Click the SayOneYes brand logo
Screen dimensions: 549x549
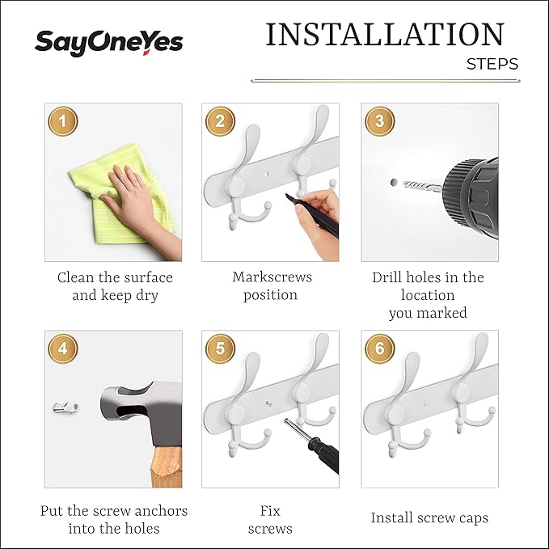pyautogui.click(x=108, y=43)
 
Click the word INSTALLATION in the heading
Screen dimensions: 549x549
pyautogui.click(x=385, y=34)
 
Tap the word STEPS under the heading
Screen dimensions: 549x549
pyautogui.click(x=492, y=64)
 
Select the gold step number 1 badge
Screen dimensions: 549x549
pyautogui.click(x=63, y=122)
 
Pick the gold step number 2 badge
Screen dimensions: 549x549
pyautogui.click(x=220, y=121)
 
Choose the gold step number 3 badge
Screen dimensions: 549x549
pyautogui.click(x=380, y=121)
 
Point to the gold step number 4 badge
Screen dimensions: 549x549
pyautogui.click(x=63, y=348)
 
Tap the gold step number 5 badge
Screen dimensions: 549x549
pyautogui.click(x=220, y=348)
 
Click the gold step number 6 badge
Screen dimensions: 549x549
pyautogui.click(x=380, y=348)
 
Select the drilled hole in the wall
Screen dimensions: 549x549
pyautogui.click(x=394, y=183)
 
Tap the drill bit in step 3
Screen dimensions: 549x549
pyautogui.click(x=422, y=186)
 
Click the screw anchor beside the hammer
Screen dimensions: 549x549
pyautogui.click(x=66, y=408)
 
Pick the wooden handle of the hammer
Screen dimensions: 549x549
pyautogui.click(x=167, y=467)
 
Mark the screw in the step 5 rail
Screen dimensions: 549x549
pyautogui.click(x=268, y=403)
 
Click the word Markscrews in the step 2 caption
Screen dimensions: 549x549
pyautogui.click(x=272, y=277)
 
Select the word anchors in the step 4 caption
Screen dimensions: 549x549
pyautogui.click(x=162, y=511)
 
